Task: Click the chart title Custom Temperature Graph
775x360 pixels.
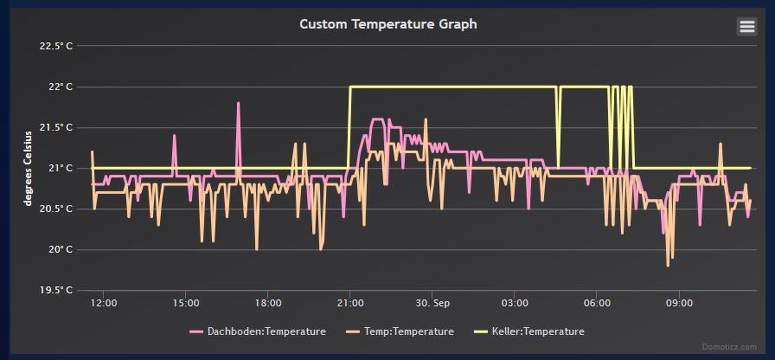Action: [387, 24]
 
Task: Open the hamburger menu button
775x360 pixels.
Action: [746, 27]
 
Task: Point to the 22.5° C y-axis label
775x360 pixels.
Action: [56, 46]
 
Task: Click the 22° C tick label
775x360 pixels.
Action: [60, 87]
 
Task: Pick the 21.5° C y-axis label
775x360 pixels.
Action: [56, 127]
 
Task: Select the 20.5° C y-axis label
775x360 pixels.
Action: [56, 209]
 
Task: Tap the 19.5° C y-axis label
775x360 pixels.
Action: [56, 290]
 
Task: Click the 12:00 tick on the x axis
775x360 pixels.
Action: [104, 304]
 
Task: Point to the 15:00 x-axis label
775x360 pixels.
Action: [186, 304]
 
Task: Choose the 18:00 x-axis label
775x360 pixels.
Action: [268, 304]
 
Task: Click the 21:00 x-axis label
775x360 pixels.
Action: [350, 304]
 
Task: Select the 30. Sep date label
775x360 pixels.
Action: [432, 304]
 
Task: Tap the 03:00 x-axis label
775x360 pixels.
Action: [515, 304]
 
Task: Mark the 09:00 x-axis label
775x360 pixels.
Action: [679, 304]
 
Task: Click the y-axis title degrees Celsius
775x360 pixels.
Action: [29, 168]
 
